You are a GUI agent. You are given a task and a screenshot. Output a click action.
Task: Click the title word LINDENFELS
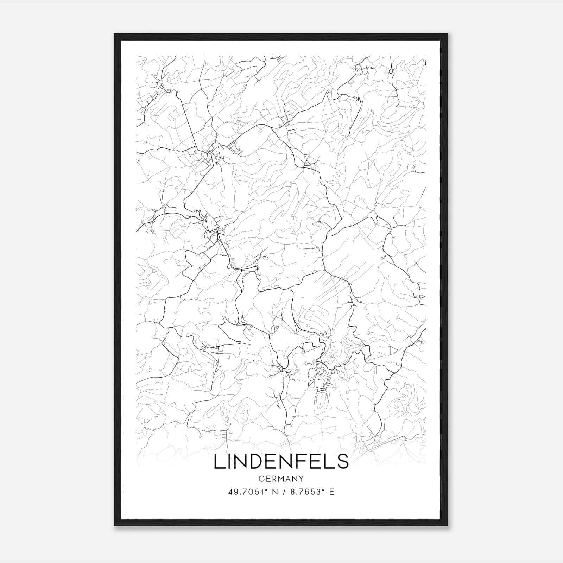point(281,461)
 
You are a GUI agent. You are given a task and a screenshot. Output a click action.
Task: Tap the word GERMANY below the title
point(281,479)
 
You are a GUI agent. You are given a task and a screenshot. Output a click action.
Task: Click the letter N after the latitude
point(272,492)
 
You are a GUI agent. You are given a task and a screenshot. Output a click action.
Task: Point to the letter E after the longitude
point(331,492)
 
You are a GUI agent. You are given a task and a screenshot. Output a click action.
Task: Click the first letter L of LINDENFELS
point(218,461)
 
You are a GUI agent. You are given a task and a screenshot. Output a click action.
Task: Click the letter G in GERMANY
point(261,479)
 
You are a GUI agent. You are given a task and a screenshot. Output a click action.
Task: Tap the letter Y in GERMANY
point(302,479)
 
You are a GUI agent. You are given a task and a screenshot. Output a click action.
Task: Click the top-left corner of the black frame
point(115,34)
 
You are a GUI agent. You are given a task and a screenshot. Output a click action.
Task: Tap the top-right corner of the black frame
point(447,34)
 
